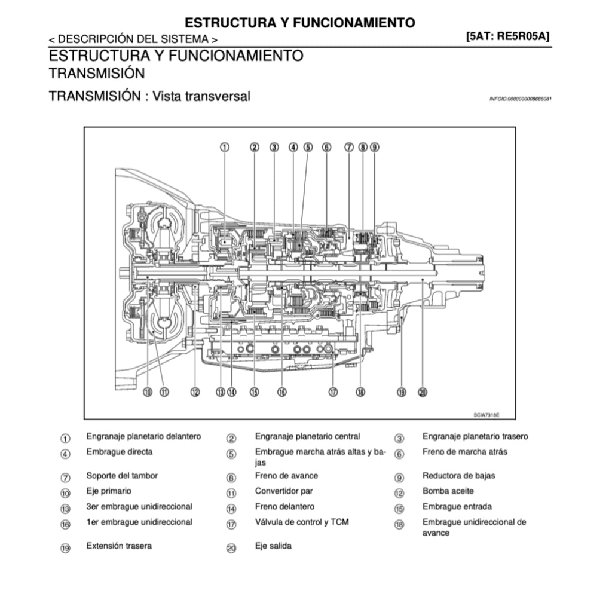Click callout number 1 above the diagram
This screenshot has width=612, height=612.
(225, 147)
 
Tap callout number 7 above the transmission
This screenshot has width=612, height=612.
(349, 147)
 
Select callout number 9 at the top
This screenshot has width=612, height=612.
(374, 147)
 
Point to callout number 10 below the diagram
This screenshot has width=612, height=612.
(148, 392)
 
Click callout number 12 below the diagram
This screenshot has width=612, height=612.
(195, 392)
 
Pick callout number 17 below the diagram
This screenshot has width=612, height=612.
(333, 392)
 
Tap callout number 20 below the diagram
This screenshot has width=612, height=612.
(423, 392)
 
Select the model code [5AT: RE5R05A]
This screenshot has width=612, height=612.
(508, 36)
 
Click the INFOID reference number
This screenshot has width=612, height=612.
(520, 98)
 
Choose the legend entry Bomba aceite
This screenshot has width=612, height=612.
(448, 491)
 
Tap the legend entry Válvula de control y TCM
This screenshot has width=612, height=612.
(302, 522)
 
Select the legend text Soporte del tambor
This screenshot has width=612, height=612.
(122, 476)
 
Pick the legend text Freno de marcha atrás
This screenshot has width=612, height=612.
(464, 452)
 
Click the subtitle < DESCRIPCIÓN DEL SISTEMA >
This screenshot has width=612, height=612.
(133, 39)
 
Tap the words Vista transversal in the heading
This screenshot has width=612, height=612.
(201, 96)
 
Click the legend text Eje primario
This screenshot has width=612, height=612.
(109, 491)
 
